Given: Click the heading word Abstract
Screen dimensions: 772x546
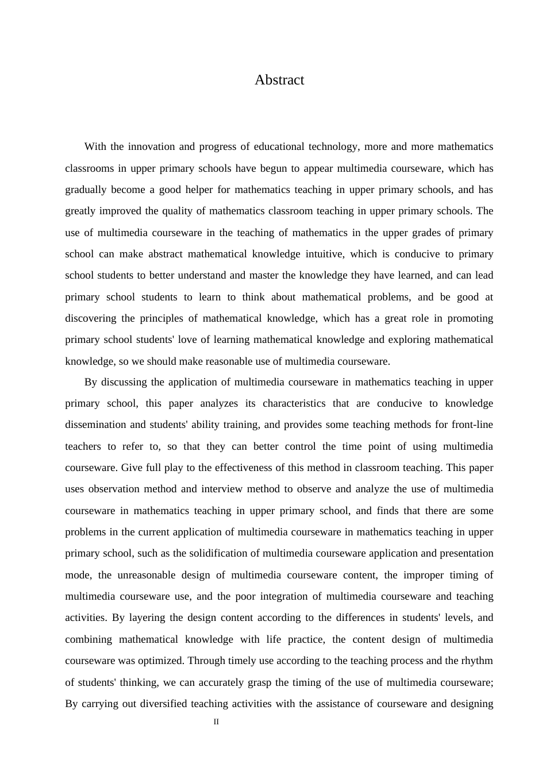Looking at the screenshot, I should click(279, 80).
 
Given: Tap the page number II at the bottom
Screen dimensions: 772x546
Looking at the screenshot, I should click(216, 722).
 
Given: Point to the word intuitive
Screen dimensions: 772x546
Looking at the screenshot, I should click(324, 254).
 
